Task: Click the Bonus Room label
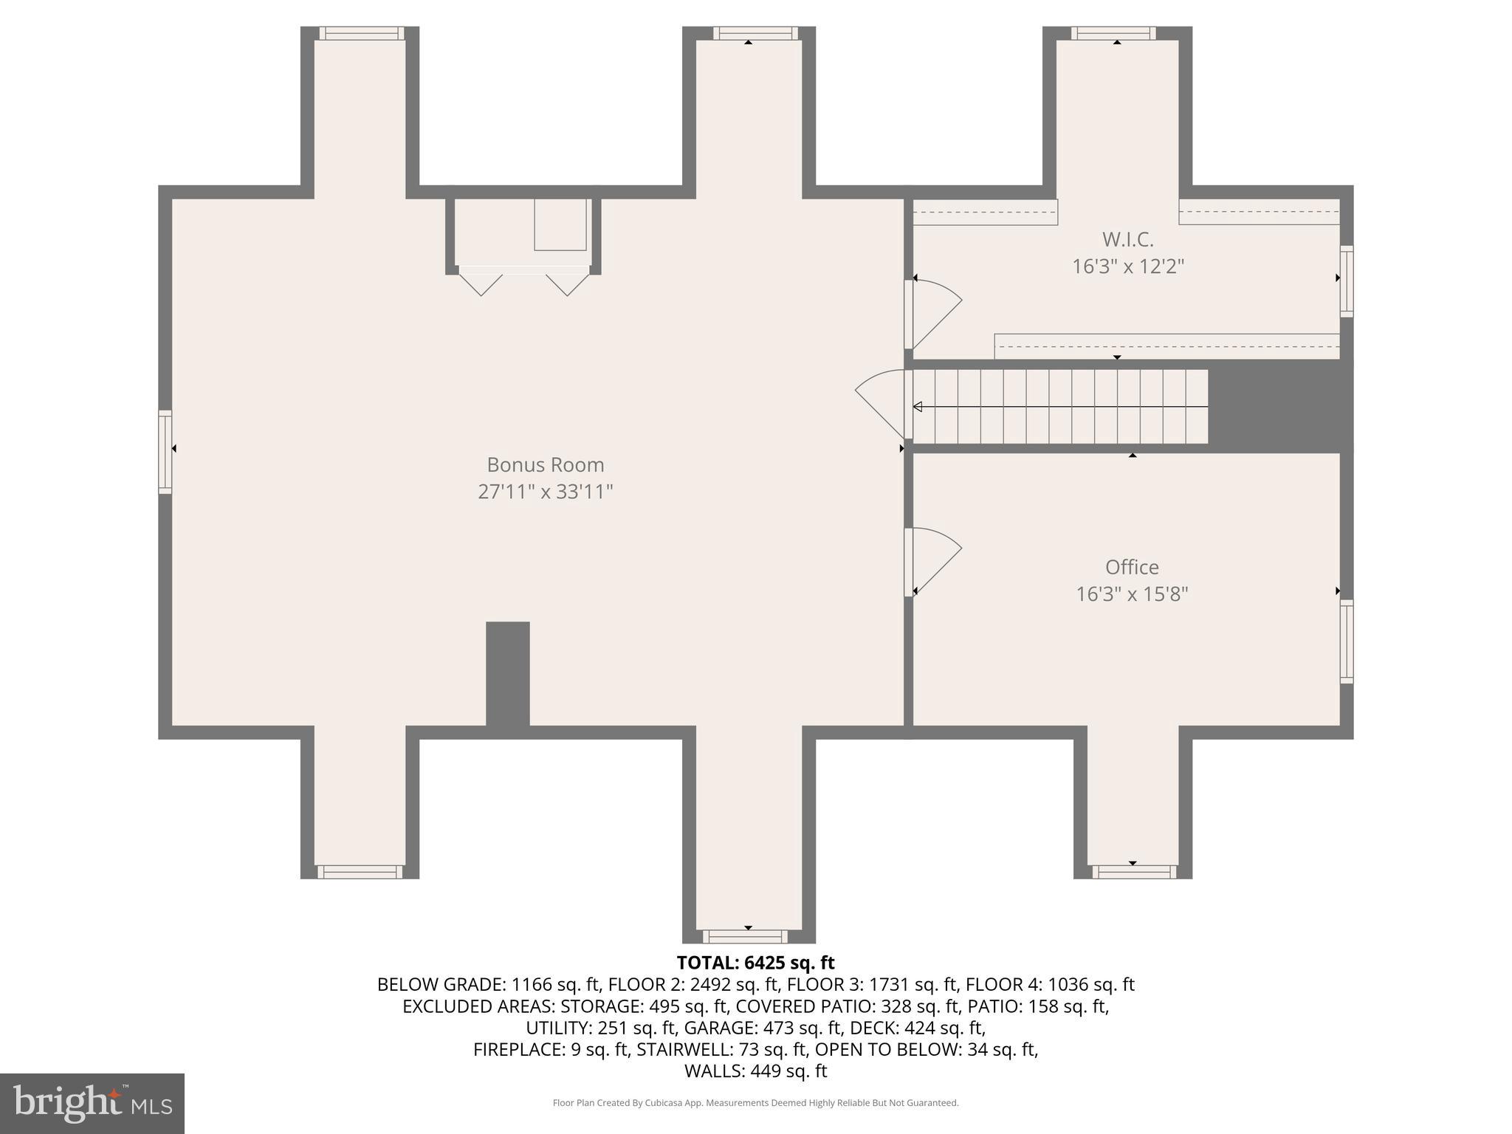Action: (545, 464)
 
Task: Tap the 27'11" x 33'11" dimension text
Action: (545, 491)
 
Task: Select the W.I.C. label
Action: (1127, 239)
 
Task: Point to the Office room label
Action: (1131, 567)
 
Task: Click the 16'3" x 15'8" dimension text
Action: (1131, 594)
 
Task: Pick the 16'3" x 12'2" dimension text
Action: (1127, 266)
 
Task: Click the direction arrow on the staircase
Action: (918, 407)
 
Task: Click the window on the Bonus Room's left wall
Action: (165, 452)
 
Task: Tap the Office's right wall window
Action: (1346, 641)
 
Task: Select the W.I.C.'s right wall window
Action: (1346, 281)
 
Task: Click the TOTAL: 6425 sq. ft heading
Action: (755, 963)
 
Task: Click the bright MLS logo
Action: (92, 1103)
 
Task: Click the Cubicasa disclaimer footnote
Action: (755, 1103)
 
